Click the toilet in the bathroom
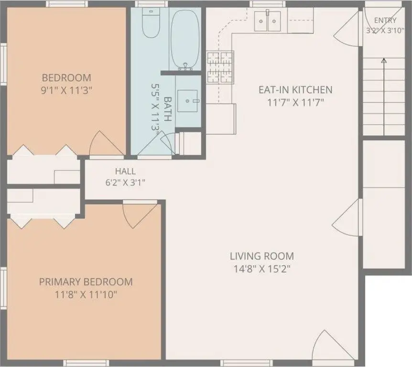[x=151, y=22]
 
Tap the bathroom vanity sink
[x=187, y=101]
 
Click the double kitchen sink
[x=268, y=21]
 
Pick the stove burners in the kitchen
[x=220, y=67]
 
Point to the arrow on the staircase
[x=384, y=97]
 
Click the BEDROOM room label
[x=66, y=78]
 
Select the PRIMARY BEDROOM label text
[x=86, y=282]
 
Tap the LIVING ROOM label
[x=262, y=256]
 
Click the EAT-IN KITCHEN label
[x=295, y=90]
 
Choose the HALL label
[x=125, y=171]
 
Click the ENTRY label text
[x=385, y=20]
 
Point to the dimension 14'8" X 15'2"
[x=262, y=269]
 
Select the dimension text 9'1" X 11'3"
[x=66, y=91]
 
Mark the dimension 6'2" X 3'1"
[x=125, y=183]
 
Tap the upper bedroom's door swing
[x=107, y=143]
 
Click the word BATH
[x=168, y=109]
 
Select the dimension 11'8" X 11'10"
[x=86, y=295]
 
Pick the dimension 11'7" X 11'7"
[x=295, y=102]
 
